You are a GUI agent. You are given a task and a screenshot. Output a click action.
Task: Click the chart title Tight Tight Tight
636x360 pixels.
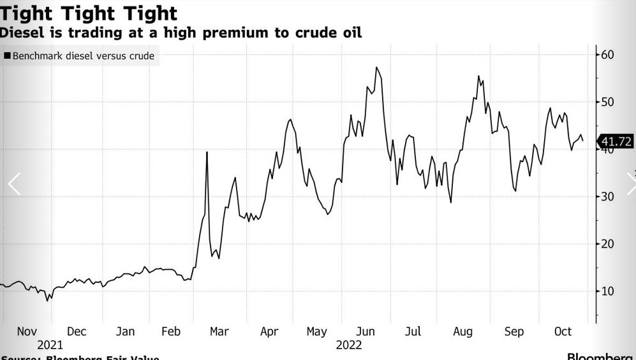pos(89,13)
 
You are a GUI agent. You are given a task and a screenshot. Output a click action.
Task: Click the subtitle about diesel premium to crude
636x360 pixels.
pos(181,33)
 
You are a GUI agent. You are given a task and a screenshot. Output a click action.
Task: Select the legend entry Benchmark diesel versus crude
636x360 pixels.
pos(83,56)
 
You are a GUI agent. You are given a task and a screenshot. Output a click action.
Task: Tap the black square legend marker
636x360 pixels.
pos(7,56)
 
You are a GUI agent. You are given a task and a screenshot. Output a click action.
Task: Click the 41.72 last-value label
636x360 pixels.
pos(616,142)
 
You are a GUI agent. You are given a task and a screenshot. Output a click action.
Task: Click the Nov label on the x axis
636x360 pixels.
pos(27,331)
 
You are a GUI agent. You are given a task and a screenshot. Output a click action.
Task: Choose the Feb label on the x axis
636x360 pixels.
pos(171,331)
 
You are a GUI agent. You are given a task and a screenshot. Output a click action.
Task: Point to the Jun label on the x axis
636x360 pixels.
pos(365,331)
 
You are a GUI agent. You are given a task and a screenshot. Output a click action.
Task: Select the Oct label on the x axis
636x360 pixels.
pos(563,331)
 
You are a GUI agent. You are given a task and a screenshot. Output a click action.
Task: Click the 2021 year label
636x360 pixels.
pos(50,345)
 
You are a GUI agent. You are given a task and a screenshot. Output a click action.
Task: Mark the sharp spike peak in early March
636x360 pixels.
pos(207,152)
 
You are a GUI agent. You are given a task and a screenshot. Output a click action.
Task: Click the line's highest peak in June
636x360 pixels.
pos(376,68)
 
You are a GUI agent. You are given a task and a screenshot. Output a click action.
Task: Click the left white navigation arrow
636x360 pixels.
pos(14,184)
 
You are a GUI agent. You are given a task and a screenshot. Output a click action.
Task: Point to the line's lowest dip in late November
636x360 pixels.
pos(48,299)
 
